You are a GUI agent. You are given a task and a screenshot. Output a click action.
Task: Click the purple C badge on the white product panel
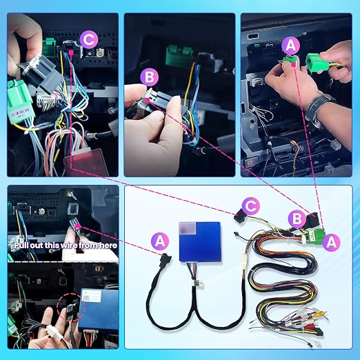[x=250, y=206]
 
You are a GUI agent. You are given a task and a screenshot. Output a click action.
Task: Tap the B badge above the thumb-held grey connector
[x=150, y=77]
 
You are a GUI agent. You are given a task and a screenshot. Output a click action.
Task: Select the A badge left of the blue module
[x=160, y=241]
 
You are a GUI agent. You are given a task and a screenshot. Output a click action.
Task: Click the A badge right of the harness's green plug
[x=332, y=242]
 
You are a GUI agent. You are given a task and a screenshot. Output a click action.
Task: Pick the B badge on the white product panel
[x=297, y=219]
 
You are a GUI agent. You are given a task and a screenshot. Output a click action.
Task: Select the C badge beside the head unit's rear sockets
[x=89, y=39]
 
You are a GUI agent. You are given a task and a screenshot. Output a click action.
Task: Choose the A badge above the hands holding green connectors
[x=290, y=46]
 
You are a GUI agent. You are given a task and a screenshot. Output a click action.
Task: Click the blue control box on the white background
[x=200, y=242]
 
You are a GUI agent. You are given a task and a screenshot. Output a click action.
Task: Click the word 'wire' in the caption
[x=69, y=246]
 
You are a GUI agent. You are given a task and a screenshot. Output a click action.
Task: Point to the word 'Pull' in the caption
[x=22, y=246]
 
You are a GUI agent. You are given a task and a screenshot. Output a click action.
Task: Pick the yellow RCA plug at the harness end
[x=320, y=314]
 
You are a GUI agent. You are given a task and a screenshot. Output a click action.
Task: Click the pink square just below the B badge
[x=148, y=100]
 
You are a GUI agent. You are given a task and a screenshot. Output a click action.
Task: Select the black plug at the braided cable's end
[x=165, y=259]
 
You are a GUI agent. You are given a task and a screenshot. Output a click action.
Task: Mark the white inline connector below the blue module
[x=197, y=283]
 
